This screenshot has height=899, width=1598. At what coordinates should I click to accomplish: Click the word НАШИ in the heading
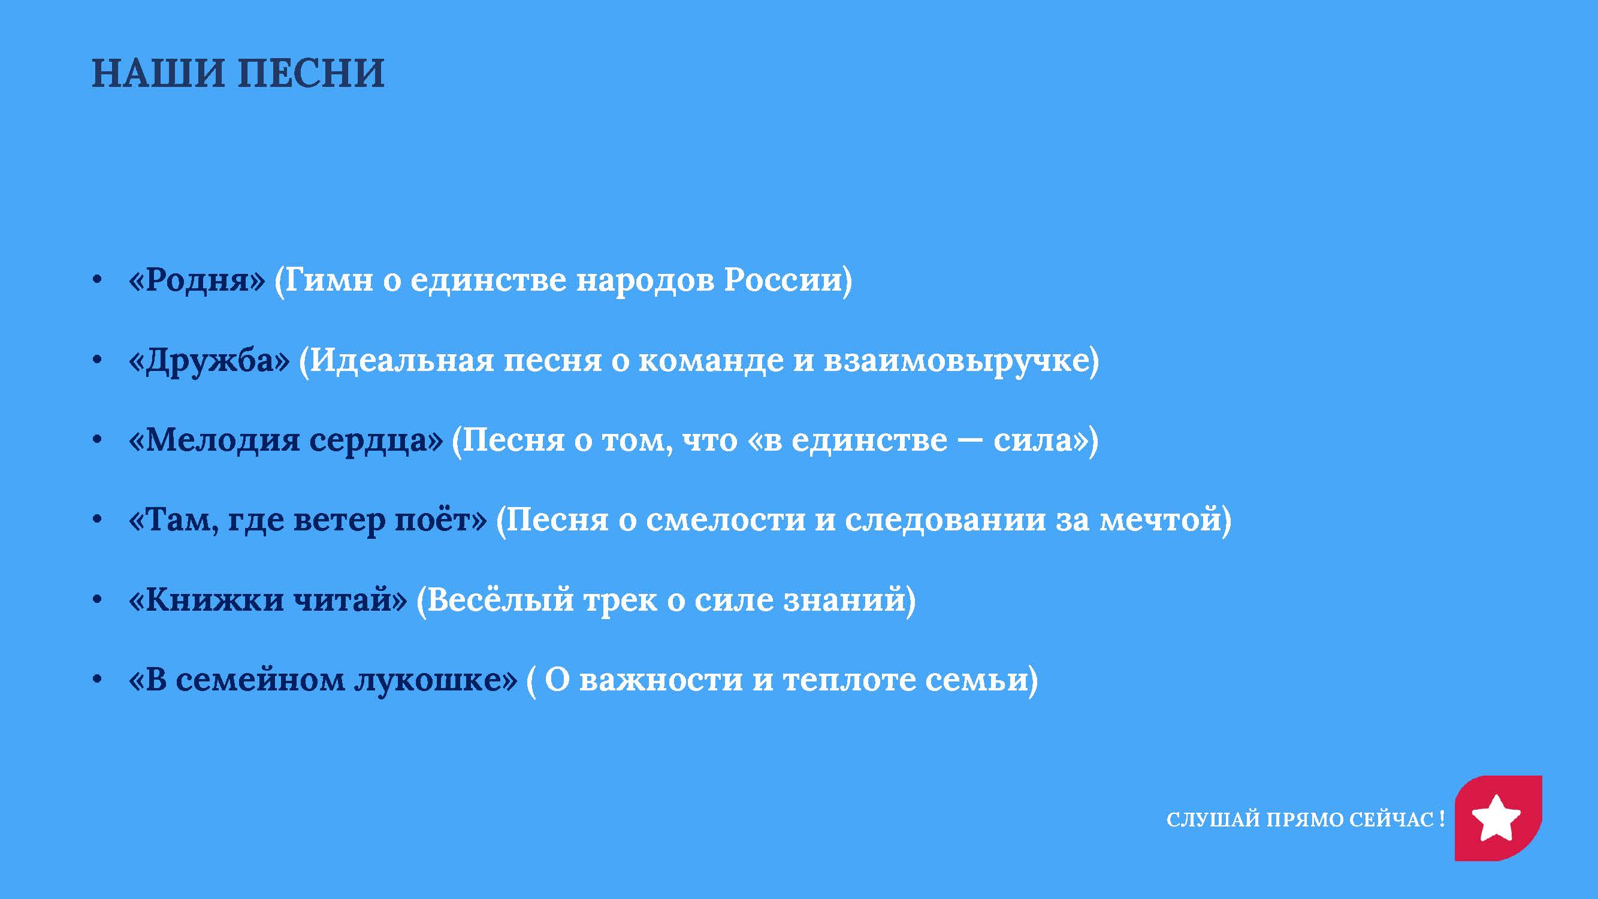(158, 73)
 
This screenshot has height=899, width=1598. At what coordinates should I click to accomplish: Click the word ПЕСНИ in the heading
(312, 73)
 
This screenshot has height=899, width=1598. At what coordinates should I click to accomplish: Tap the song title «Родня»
(197, 280)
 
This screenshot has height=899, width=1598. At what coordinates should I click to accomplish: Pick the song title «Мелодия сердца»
(286, 441)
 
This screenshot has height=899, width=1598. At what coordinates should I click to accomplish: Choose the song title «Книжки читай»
(268, 600)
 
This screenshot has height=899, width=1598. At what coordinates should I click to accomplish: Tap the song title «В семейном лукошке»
(322, 680)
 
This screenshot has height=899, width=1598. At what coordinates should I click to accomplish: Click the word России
(784, 280)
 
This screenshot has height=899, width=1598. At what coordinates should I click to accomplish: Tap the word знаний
(844, 600)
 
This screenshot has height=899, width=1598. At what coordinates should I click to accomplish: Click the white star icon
(1496, 818)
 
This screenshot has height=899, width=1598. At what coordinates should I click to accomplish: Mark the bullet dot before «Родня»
(97, 280)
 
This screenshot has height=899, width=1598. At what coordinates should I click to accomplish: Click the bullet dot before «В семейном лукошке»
(97, 680)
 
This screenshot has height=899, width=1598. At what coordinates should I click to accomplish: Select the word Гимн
(329, 280)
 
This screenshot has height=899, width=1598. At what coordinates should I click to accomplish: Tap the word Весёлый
(501, 600)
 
